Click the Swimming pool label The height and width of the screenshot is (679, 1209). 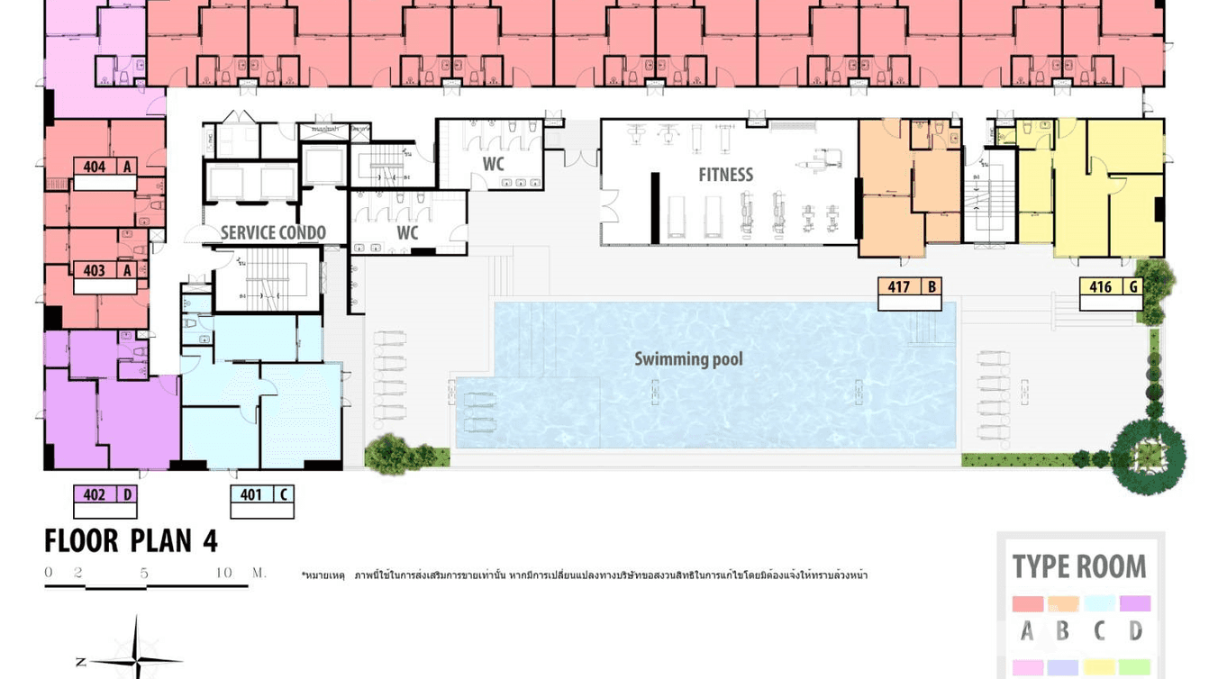688,359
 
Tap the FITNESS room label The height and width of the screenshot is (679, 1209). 725,175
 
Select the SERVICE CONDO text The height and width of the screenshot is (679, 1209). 273,233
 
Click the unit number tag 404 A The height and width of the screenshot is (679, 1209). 105,167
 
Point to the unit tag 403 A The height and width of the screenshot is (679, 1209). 105,270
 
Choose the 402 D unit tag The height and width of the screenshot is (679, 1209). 105,494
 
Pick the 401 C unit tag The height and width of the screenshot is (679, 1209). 261,494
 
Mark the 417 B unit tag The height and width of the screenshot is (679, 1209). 909,287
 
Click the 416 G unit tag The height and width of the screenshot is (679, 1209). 1111,287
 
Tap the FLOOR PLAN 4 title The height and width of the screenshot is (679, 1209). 131,540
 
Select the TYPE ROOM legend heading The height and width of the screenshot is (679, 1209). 1078,566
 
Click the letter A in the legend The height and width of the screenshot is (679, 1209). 1027,631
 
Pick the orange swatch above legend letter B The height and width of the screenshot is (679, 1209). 1063,603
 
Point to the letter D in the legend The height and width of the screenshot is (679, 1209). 1135,631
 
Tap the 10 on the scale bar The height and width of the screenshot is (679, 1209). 224,573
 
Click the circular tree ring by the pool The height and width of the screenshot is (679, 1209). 1148,455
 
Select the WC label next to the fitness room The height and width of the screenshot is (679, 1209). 493,164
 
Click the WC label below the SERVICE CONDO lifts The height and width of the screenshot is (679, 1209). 407,233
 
